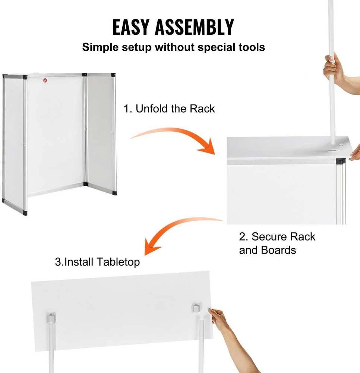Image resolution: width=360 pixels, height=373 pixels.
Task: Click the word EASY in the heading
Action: [x=131, y=27]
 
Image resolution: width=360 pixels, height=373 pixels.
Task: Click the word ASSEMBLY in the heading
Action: [x=195, y=27]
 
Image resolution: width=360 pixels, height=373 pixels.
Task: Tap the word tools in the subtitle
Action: [x=252, y=47]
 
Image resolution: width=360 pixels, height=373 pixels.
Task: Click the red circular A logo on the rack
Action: [x=45, y=81]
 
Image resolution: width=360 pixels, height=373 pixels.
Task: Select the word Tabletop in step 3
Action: [x=119, y=262]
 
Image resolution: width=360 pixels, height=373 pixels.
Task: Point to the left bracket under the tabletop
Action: [x=51, y=318]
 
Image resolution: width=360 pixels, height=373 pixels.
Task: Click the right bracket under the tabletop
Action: [x=196, y=308]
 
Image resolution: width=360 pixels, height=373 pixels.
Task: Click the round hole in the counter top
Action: [x=332, y=151]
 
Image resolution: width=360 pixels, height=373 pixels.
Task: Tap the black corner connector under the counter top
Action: [x=341, y=162]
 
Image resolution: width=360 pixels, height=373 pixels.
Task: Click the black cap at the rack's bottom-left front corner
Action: [x=25, y=213]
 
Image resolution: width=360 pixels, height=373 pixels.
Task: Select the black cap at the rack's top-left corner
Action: [x=25, y=77]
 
